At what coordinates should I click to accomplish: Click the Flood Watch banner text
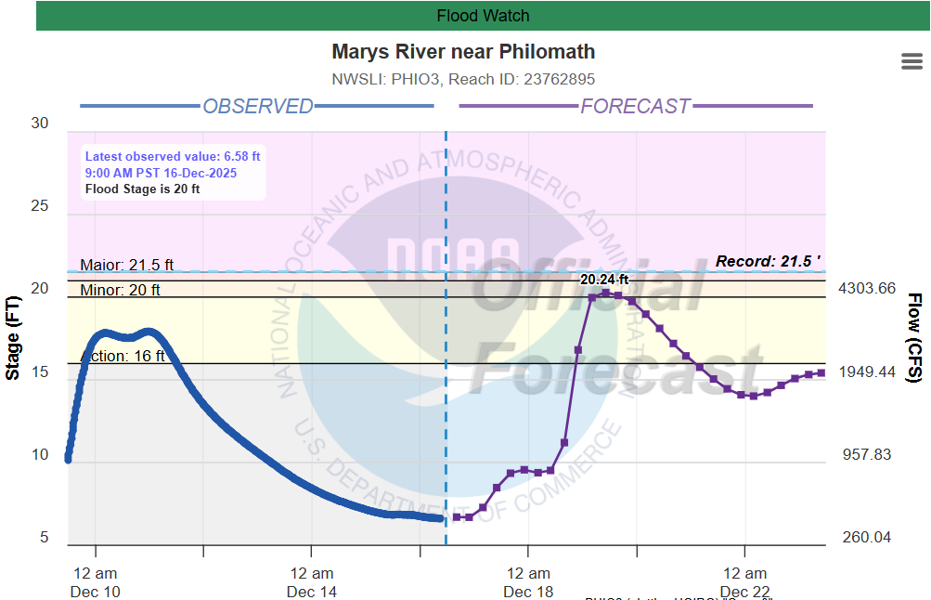483,16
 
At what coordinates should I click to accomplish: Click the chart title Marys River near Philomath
463,52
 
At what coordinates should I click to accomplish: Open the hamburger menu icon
912,61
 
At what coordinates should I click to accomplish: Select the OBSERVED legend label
258,106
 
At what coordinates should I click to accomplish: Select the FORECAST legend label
636,106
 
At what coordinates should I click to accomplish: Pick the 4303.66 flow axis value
867,289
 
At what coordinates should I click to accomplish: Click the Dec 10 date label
96,592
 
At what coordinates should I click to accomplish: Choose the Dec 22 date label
745,592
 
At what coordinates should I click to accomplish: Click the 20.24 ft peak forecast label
604,279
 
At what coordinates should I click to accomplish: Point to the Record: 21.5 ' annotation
769,262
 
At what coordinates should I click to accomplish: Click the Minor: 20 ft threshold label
120,290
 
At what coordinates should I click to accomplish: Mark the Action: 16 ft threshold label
123,356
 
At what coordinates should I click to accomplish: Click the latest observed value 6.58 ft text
173,157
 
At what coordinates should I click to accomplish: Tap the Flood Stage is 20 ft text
142,189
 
